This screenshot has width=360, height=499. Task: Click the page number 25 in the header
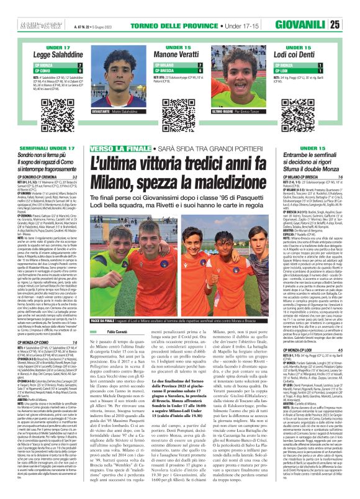[x=351, y=8]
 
